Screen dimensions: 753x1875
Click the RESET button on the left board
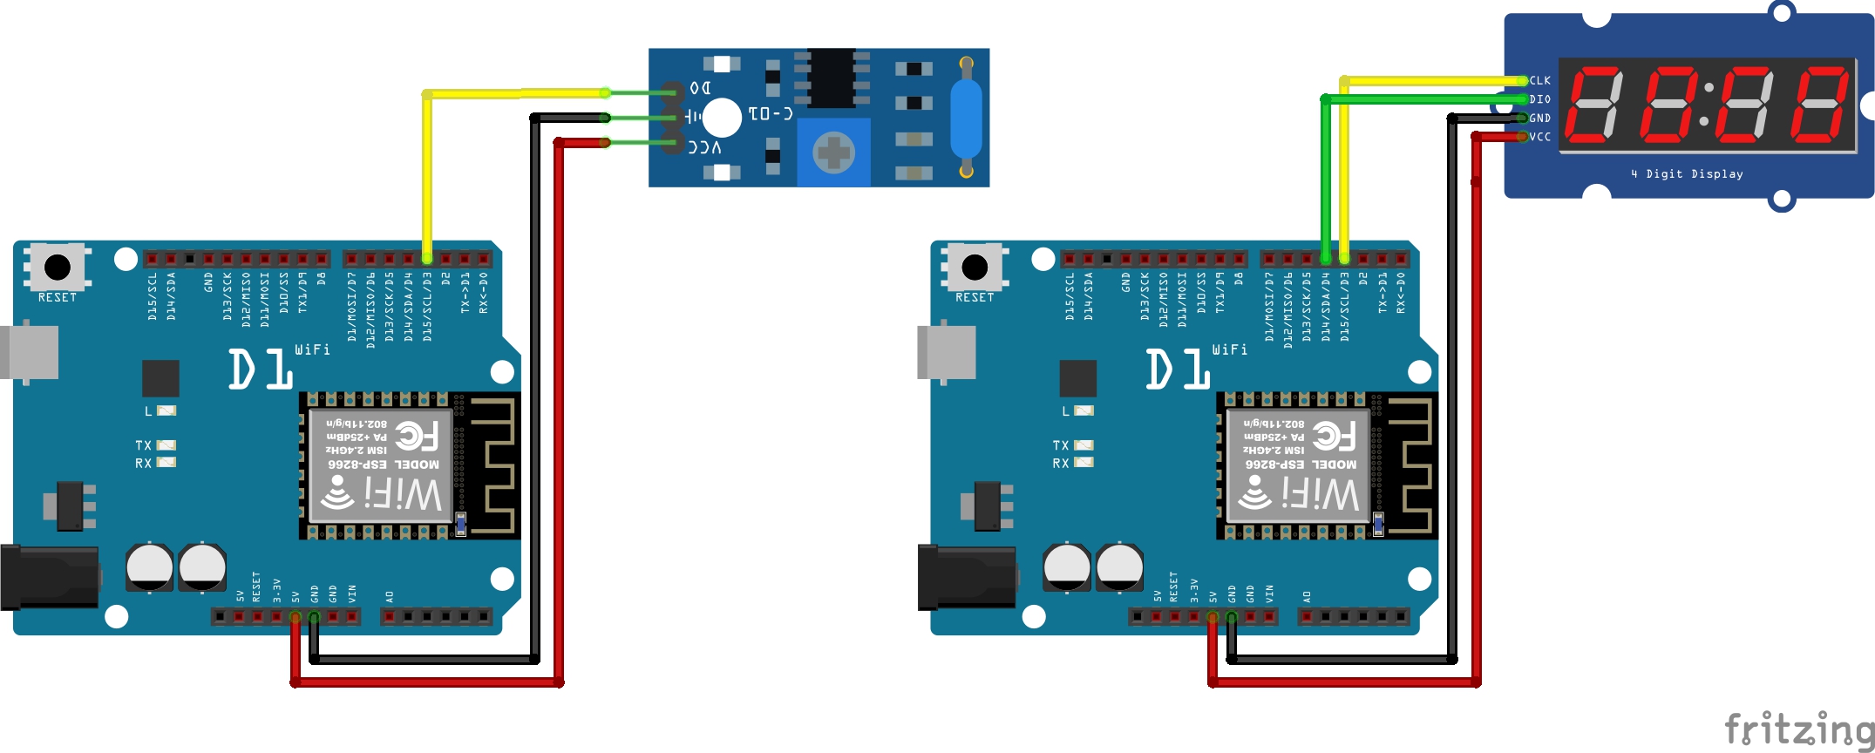point(58,267)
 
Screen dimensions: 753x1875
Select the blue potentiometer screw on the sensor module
point(833,153)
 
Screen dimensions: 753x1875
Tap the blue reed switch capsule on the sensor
point(966,119)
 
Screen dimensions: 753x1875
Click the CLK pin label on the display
point(1540,80)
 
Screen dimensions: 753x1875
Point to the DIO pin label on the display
point(1540,99)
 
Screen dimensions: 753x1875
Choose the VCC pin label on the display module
point(1540,137)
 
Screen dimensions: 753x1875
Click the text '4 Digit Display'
point(1687,174)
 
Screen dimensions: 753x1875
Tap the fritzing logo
point(1798,729)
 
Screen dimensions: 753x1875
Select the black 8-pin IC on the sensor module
point(831,77)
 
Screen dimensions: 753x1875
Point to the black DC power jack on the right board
point(966,577)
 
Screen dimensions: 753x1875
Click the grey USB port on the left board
point(30,352)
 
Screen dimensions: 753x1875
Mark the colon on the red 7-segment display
point(1708,105)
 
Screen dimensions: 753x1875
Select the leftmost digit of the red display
point(1594,105)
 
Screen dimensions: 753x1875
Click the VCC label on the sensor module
point(705,147)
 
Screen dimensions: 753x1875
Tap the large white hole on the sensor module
point(721,118)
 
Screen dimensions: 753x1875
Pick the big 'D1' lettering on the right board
point(1177,370)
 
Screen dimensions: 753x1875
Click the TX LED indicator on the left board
point(166,445)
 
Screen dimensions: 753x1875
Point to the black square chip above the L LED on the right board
point(1077,378)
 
